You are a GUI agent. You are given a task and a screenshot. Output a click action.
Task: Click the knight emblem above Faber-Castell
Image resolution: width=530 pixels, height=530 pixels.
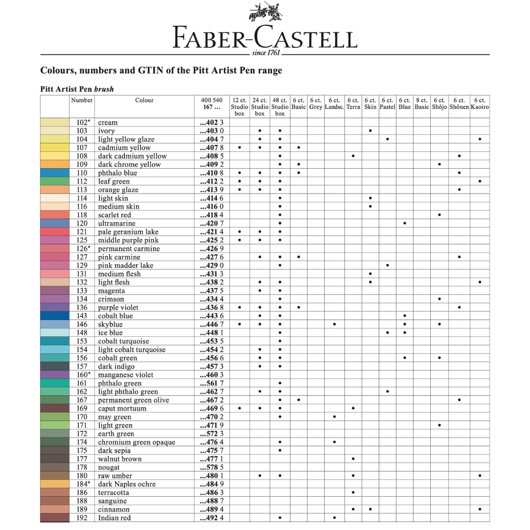pyautogui.click(x=265, y=13)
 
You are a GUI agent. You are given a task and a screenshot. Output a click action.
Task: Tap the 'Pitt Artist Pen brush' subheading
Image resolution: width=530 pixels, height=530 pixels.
pyautogui.click(x=77, y=89)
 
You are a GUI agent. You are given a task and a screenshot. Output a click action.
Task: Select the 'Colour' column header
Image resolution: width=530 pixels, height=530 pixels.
pyautogui.click(x=144, y=100)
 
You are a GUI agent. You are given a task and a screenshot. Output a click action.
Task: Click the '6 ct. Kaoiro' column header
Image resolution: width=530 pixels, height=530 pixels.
pyautogui.click(x=479, y=104)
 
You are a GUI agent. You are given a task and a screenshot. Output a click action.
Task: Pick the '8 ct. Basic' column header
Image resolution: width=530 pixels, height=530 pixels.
pyautogui.click(x=422, y=104)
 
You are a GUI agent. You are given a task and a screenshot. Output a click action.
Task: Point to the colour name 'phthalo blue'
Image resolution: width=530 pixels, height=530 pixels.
pyautogui.click(x=118, y=173)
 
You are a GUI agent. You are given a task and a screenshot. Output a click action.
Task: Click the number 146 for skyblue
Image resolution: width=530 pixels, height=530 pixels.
pyautogui.click(x=82, y=324)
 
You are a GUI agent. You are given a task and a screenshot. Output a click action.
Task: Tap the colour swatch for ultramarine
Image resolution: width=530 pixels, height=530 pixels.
pyautogui.click(x=54, y=223)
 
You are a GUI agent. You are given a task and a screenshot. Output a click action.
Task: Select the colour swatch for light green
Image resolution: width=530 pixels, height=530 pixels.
pyautogui.click(x=54, y=425)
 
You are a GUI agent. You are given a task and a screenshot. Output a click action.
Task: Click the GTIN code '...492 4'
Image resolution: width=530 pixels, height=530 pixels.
pyautogui.click(x=212, y=518)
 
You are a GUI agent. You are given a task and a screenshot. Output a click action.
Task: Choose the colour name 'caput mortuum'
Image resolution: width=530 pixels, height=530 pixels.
pyautogui.click(x=122, y=409)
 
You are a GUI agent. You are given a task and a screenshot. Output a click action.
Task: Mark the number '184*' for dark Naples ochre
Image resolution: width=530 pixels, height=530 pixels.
pyautogui.click(x=83, y=484)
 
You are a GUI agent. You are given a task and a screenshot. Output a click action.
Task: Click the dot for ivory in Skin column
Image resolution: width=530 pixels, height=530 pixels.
pyautogui.click(x=370, y=131)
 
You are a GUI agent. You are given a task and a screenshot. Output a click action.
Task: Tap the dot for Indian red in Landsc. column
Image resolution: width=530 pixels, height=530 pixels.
pyautogui.click(x=334, y=518)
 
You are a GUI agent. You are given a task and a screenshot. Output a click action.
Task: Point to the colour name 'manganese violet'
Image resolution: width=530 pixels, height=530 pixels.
pyautogui.click(x=125, y=375)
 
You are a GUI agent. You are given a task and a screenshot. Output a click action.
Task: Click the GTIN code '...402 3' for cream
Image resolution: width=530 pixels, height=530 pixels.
pyautogui.click(x=212, y=122)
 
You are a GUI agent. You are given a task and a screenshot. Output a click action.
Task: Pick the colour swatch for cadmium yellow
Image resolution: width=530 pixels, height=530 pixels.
pyautogui.click(x=54, y=147)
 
